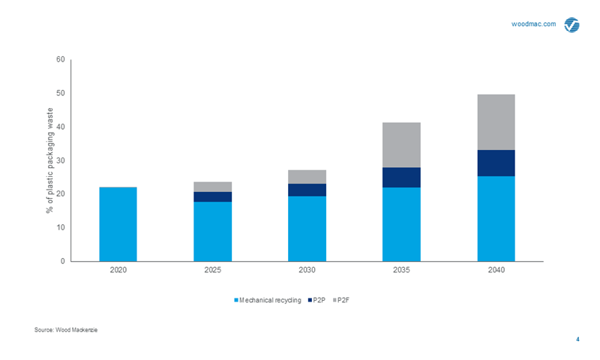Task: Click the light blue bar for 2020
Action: [x=118, y=223]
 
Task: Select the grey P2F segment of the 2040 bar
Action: [x=496, y=121]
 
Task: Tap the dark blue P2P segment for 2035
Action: [x=401, y=177]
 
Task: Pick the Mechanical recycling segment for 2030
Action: [x=307, y=228]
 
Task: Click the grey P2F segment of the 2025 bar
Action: [x=212, y=187]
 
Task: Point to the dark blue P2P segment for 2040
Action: [x=496, y=163]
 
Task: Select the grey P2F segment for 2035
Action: [x=401, y=145]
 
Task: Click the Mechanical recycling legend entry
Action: [x=268, y=300]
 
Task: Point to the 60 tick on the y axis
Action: [x=61, y=60]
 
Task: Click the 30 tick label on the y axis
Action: [x=61, y=160]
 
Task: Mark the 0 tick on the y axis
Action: [x=63, y=261]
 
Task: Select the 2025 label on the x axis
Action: [x=212, y=269]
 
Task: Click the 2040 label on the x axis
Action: [x=496, y=269]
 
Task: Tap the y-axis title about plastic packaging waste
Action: [x=49, y=160]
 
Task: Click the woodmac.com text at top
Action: [x=533, y=24]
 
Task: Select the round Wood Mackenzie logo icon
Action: [x=571, y=25]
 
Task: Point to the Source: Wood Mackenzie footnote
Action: [x=66, y=330]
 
